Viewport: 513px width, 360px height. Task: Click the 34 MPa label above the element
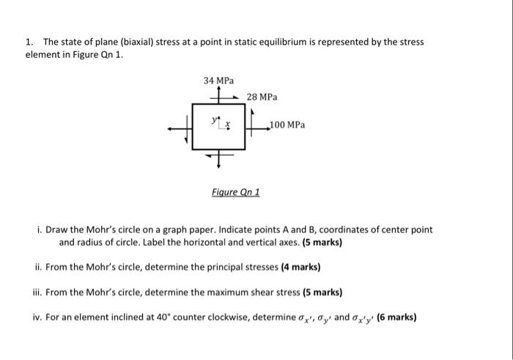coord(219,80)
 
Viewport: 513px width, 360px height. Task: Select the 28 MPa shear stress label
coord(262,97)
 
